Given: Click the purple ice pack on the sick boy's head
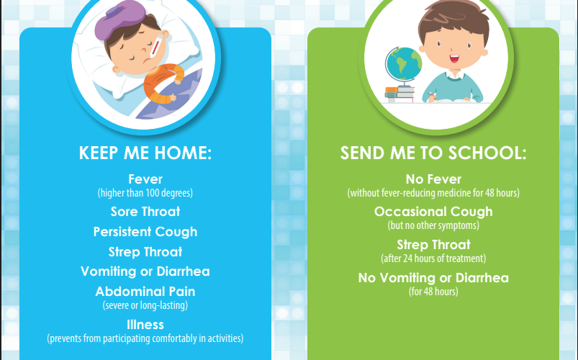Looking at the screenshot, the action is click(119, 19).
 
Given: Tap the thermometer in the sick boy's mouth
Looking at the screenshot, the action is click(155, 48).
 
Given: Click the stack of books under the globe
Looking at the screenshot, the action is click(399, 94).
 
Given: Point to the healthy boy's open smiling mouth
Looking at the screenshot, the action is click(454, 58).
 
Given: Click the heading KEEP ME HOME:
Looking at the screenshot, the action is click(145, 153).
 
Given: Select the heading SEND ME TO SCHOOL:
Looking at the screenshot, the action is click(433, 153).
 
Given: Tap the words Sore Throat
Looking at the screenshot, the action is click(145, 212).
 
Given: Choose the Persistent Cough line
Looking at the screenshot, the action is click(145, 232).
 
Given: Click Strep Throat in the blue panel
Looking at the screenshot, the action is click(145, 251).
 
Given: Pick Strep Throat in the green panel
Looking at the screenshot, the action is click(433, 245).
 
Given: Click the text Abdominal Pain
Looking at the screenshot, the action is click(145, 292).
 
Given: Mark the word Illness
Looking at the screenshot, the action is click(145, 325).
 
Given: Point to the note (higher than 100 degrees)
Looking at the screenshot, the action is click(145, 193).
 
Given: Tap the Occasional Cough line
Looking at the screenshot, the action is click(433, 212).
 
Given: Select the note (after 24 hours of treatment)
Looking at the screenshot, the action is click(433, 258).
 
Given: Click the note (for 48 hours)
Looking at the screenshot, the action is click(433, 292).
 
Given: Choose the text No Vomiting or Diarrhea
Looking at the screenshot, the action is click(433, 278).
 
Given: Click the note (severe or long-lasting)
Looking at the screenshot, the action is click(145, 305).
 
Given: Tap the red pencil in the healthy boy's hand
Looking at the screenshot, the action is click(431, 96).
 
